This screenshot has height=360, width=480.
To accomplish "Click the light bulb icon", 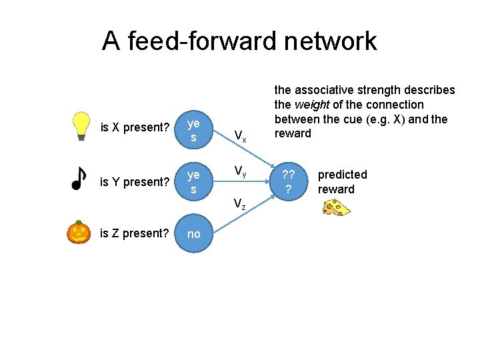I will click(x=81, y=125).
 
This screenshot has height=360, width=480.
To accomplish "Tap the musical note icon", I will click(x=79, y=178).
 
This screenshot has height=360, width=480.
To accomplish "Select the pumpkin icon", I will click(x=79, y=232).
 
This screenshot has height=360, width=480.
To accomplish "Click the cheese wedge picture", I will click(x=336, y=208).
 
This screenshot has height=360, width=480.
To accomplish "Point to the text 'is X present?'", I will click(x=134, y=127).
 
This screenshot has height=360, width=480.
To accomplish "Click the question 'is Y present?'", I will click(x=134, y=181).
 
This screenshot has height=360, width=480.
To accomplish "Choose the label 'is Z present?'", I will click(x=134, y=233).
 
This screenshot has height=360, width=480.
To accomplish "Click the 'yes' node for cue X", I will click(x=193, y=131).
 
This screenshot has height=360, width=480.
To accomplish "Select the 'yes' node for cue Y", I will click(x=193, y=182).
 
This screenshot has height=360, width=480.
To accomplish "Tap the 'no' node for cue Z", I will click(x=193, y=234).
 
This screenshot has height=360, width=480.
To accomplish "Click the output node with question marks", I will click(x=289, y=182).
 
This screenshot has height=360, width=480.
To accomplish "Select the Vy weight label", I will click(x=241, y=172).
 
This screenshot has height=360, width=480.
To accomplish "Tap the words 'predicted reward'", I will click(x=342, y=181).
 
